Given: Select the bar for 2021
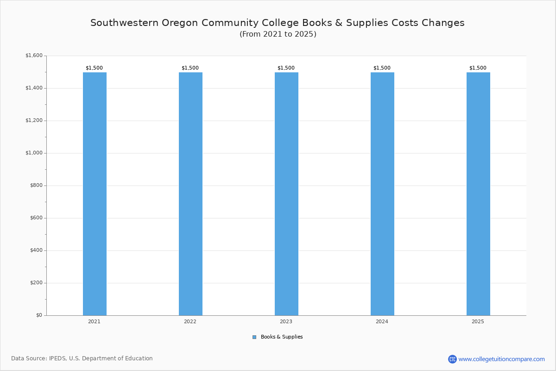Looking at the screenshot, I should click(x=95, y=194).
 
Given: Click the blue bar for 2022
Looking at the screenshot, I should click(x=190, y=194).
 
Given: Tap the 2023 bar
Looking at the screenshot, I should click(x=286, y=194).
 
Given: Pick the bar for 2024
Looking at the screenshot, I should click(x=382, y=194).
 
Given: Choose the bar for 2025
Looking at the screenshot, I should click(x=478, y=194).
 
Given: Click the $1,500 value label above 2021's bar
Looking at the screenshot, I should click(x=94, y=68).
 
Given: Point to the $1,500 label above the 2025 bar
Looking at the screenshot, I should click(x=478, y=68).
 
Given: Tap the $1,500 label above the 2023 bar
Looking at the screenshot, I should click(x=286, y=68).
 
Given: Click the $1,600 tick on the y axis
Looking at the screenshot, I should click(x=34, y=56).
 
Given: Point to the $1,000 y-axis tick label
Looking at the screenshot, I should click(x=34, y=153).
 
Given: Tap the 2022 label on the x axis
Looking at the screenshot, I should click(x=190, y=321).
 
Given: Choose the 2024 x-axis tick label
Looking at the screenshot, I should click(x=382, y=321).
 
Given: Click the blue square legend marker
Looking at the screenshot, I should click(x=254, y=337).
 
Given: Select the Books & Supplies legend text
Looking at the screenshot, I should click(x=282, y=337).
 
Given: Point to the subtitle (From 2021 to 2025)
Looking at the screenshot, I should click(x=278, y=34).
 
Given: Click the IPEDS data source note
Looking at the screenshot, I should click(x=82, y=358).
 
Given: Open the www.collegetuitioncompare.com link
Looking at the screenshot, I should click(x=501, y=359).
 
